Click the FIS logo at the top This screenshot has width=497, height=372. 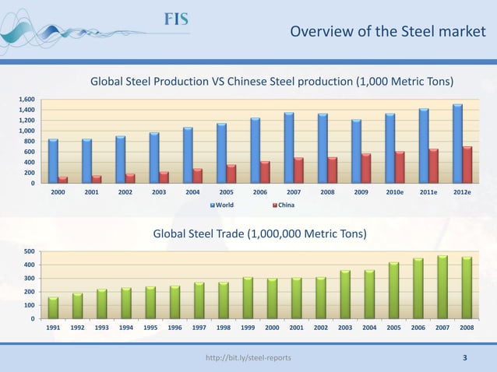click(175, 19)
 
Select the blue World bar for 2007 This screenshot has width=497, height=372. click(288, 148)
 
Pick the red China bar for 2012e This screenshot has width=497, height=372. click(467, 164)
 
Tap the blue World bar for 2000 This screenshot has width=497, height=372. click(53, 161)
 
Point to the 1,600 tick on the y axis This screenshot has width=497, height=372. click(26, 100)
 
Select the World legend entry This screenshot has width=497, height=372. click(222, 205)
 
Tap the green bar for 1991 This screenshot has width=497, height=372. click(53, 307)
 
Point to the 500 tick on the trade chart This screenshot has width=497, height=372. click(28, 251)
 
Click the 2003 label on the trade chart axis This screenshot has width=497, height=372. click(345, 328)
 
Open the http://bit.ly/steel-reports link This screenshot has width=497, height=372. click(248, 358)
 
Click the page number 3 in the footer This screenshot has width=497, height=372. click(465, 358)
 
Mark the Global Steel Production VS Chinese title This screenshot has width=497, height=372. click(272, 81)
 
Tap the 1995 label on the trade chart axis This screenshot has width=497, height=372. click(150, 328)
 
